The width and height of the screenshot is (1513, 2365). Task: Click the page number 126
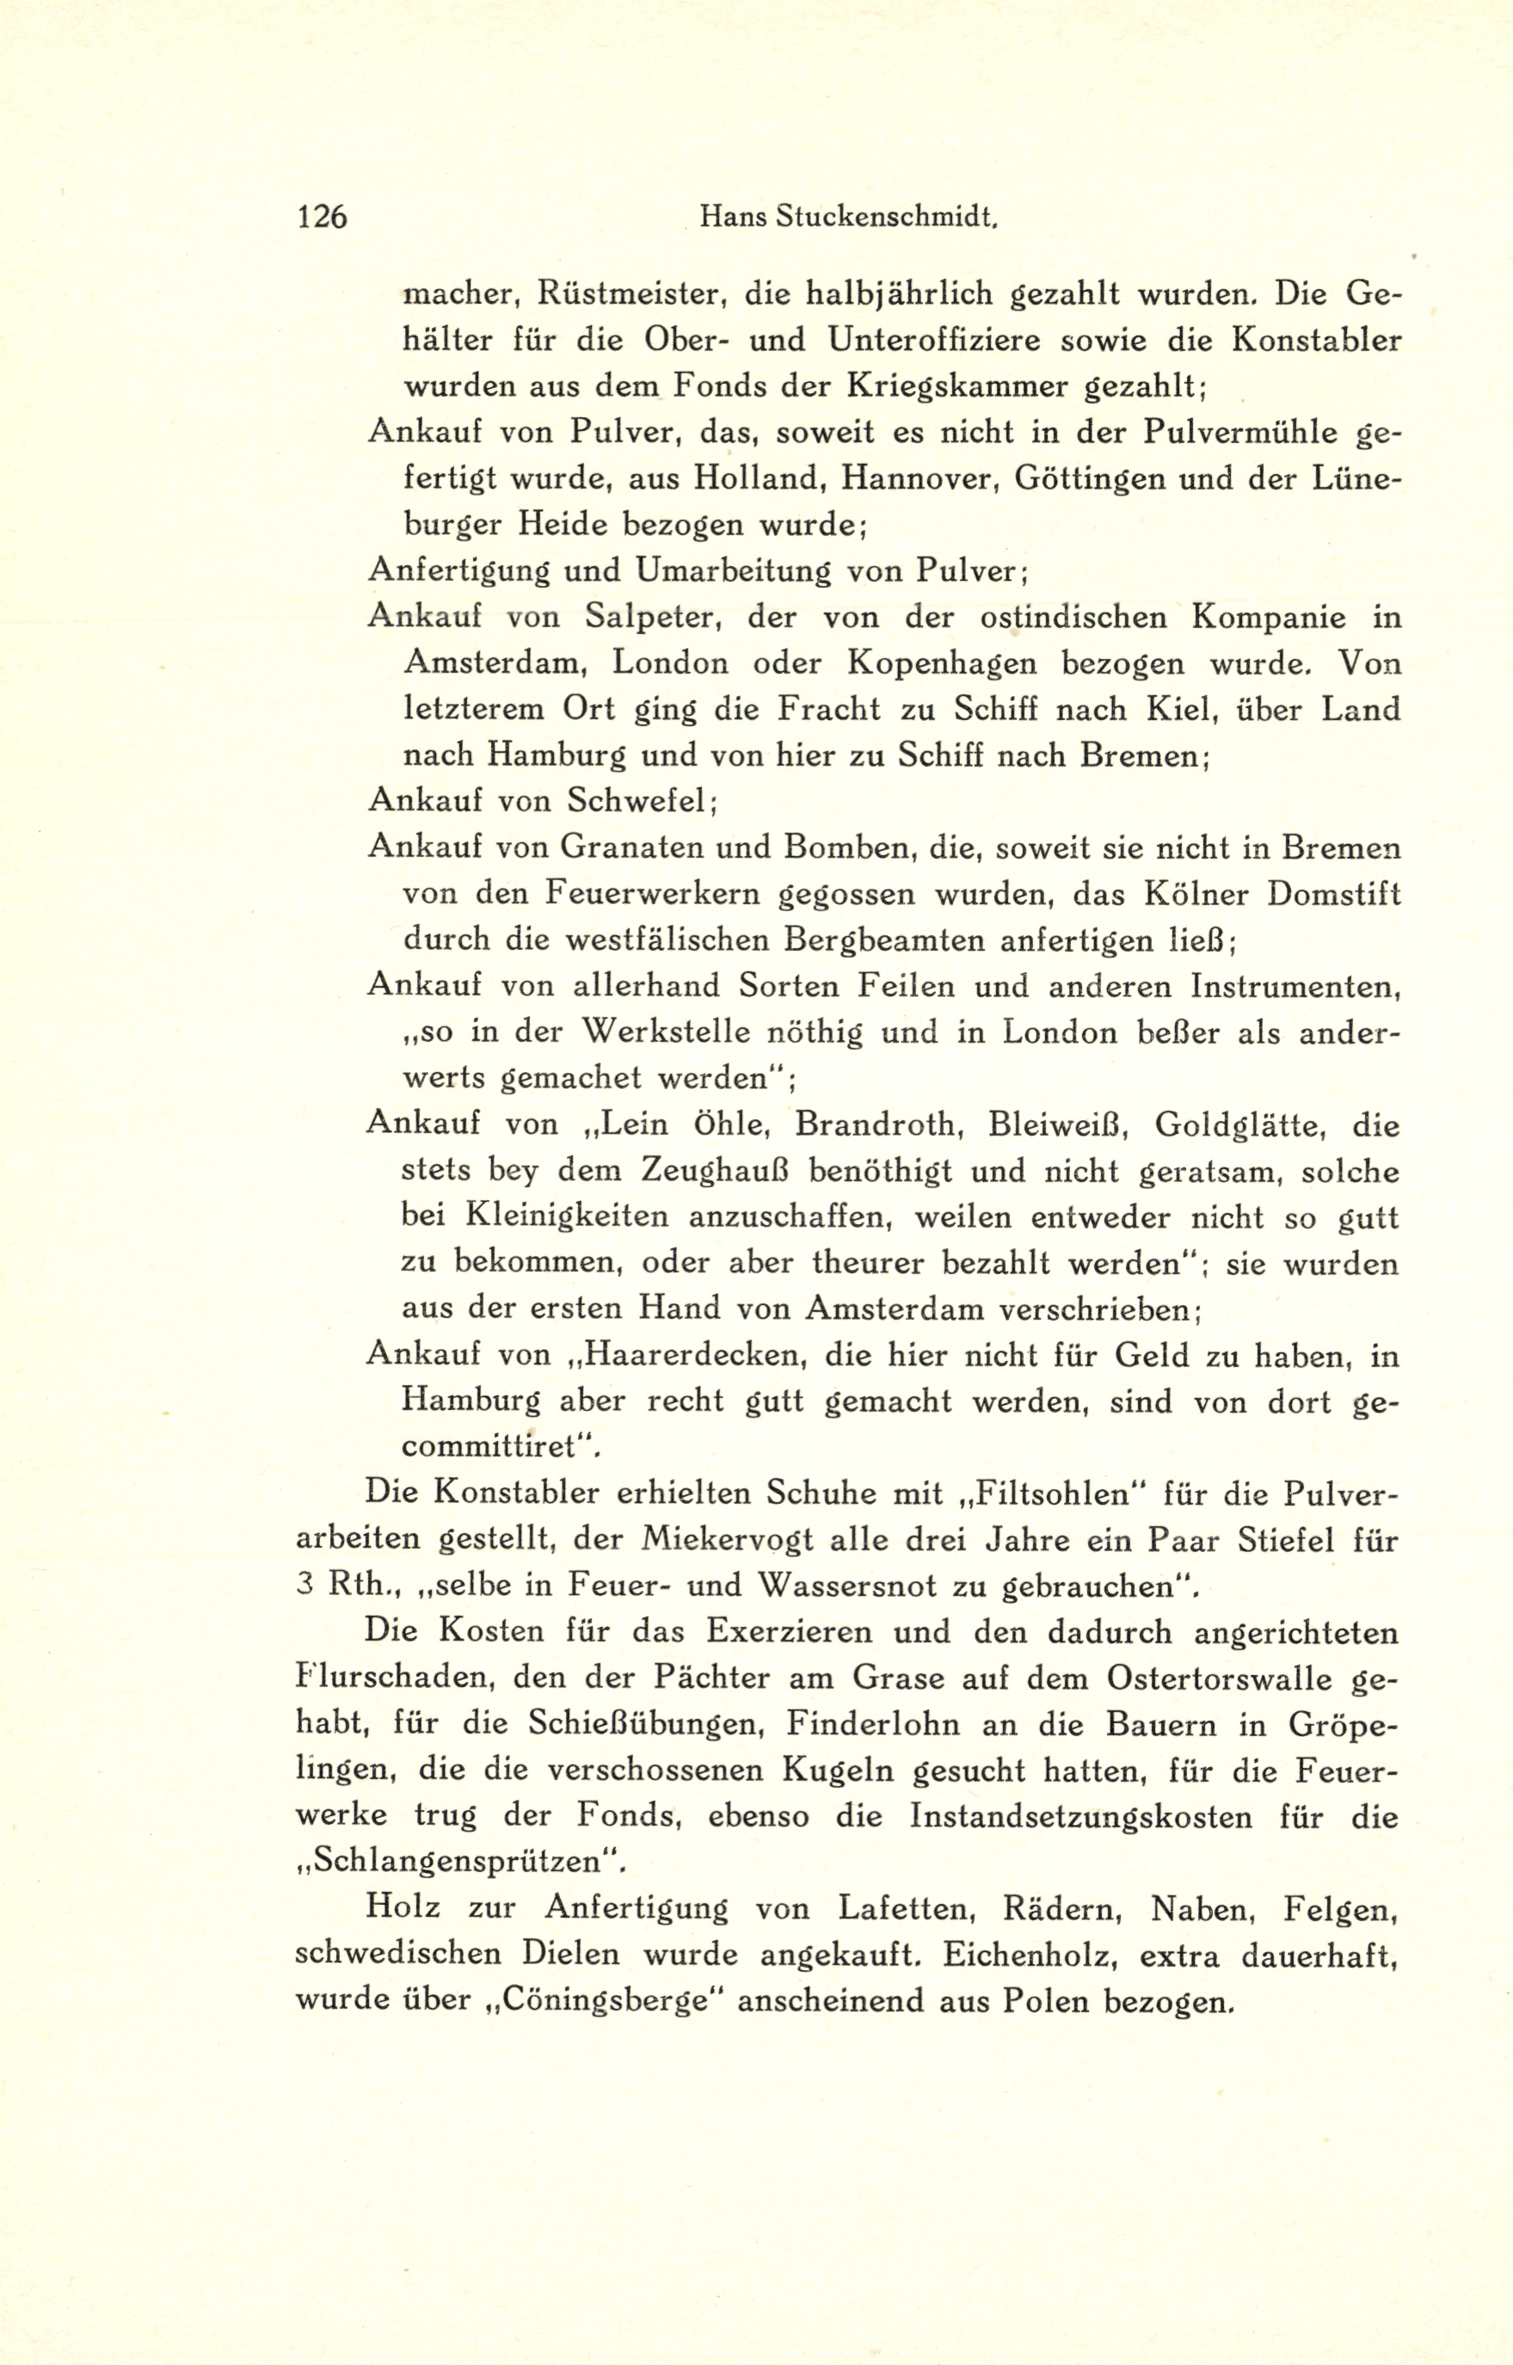[322, 217]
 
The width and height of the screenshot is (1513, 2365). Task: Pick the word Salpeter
[654, 617]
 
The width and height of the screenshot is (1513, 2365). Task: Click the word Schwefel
[637, 801]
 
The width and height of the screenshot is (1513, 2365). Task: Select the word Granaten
[657, 847]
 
